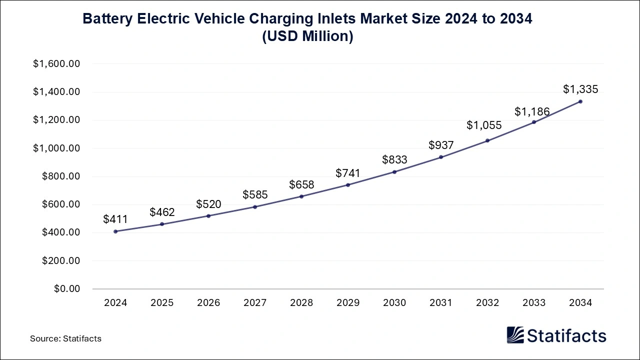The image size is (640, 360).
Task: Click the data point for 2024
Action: (x=115, y=231)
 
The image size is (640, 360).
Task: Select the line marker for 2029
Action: (x=348, y=185)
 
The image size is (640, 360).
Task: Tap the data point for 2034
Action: (x=580, y=101)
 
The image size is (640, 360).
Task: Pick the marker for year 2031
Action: (x=441, y=157)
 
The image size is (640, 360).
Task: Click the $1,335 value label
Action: (x=580, y=89)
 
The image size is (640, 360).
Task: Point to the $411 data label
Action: (x=115, y=219)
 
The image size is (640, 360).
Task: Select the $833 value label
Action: (x=394, y=160)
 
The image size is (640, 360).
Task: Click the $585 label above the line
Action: (x=255, y=194)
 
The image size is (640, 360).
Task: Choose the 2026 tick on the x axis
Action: (x=208, y=303)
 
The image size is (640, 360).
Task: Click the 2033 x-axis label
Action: (x=534, y=303)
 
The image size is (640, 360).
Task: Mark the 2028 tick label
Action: (x=301, y=303)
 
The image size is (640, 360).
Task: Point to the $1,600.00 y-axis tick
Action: (x=56, y=64)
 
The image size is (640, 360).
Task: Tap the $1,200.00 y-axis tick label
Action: (x=56, y=120)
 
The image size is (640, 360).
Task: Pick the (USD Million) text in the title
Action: (x=307, y=36)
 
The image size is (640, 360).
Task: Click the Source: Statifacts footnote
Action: (x=65, y=338)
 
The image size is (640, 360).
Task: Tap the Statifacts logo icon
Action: (x=515, y=335)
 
